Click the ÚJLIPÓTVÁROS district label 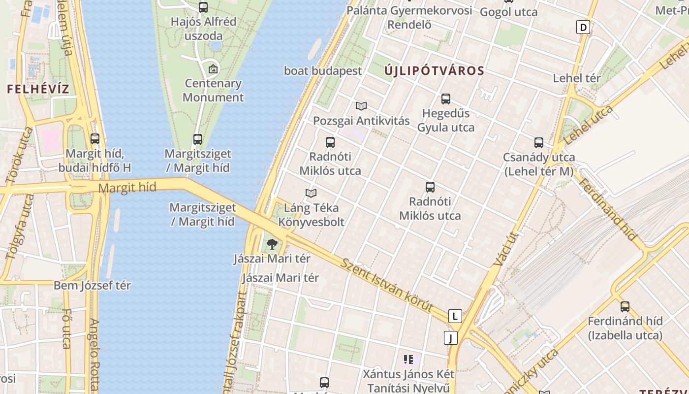tap(435, 70)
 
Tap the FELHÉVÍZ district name tap(38, 89)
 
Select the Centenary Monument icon tap(213, 69)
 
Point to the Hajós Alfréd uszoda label tap(203, 29)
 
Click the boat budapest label tap(323, 70)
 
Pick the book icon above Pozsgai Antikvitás tap(361, 106)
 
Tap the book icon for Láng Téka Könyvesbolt tap(311, 193)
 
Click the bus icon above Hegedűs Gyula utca tap(446, 99)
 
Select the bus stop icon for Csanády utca tap(539, 143)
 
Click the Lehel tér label tap(577, 78)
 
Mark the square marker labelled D tap(583, 27)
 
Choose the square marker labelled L tap(455, 316)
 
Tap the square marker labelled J tap(450, 338)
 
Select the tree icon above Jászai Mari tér tap(272, 244)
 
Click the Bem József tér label tap(92, 285)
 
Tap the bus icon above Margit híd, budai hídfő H tap(95, 139)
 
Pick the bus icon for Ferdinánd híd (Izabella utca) tap(625, 306)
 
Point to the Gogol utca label tap(508, 12)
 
